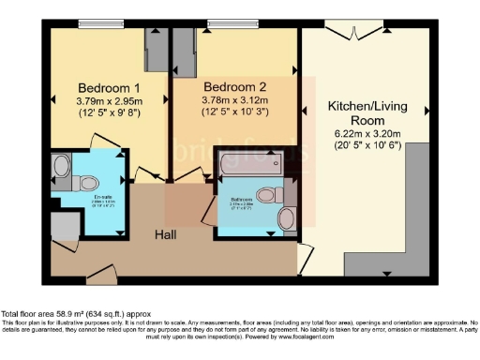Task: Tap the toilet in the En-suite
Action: pos(61,165)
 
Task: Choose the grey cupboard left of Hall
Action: pos(64,226)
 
